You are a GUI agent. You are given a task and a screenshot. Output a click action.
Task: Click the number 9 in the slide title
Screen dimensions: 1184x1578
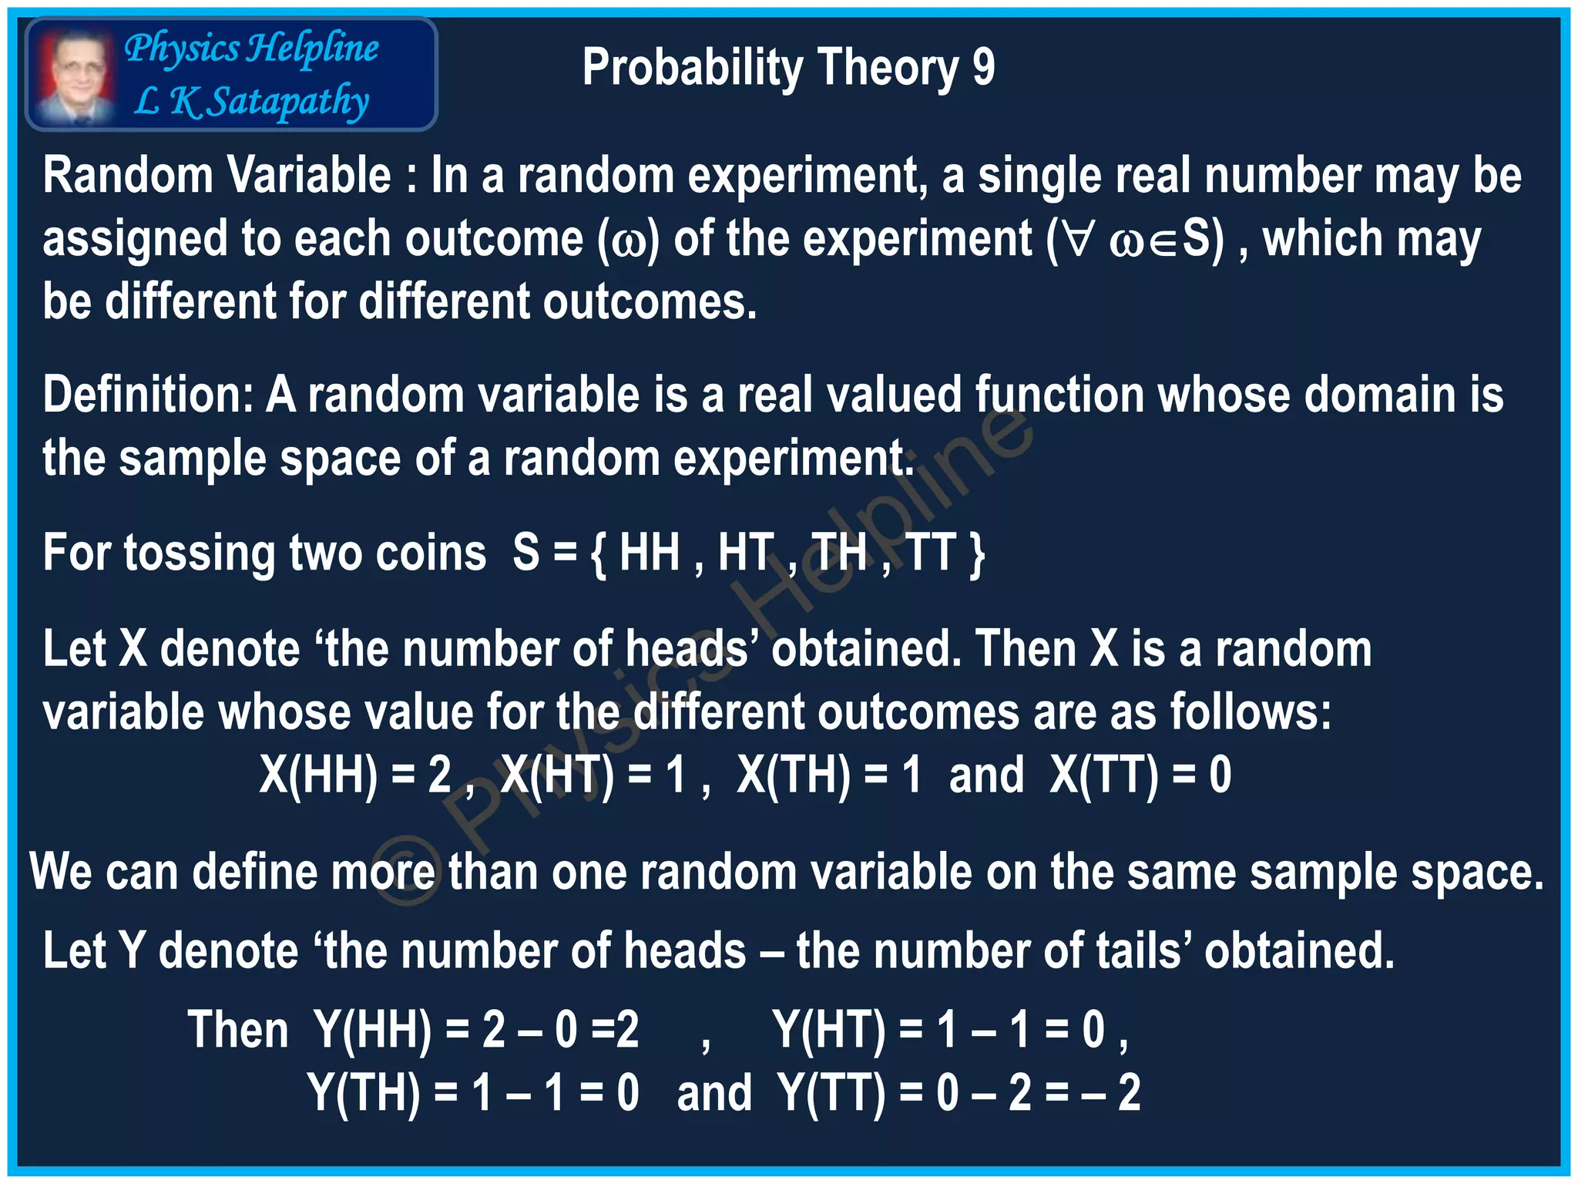(983, 68)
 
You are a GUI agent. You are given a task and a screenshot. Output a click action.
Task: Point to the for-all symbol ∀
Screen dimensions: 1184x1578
(1079, 240)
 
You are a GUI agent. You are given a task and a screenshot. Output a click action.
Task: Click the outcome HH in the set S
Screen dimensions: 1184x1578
(649, 553)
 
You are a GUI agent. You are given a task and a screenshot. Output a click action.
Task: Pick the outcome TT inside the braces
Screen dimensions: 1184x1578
(931, 553)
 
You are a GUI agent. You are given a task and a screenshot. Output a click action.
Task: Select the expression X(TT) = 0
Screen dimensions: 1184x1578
(1140, 775)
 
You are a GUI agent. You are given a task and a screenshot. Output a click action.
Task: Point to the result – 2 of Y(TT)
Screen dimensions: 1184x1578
(1111, 1093)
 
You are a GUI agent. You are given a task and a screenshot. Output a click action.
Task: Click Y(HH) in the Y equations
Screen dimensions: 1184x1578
(373, 1030)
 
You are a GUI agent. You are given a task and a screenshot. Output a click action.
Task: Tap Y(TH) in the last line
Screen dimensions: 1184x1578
(364, 1093)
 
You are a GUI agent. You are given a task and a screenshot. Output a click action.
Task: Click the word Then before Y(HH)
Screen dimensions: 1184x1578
(238, 1030)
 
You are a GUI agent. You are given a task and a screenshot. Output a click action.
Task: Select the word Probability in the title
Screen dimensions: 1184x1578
(693, 68)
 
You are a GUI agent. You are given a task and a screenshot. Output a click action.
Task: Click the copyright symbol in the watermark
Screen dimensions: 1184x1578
(406, 878)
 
